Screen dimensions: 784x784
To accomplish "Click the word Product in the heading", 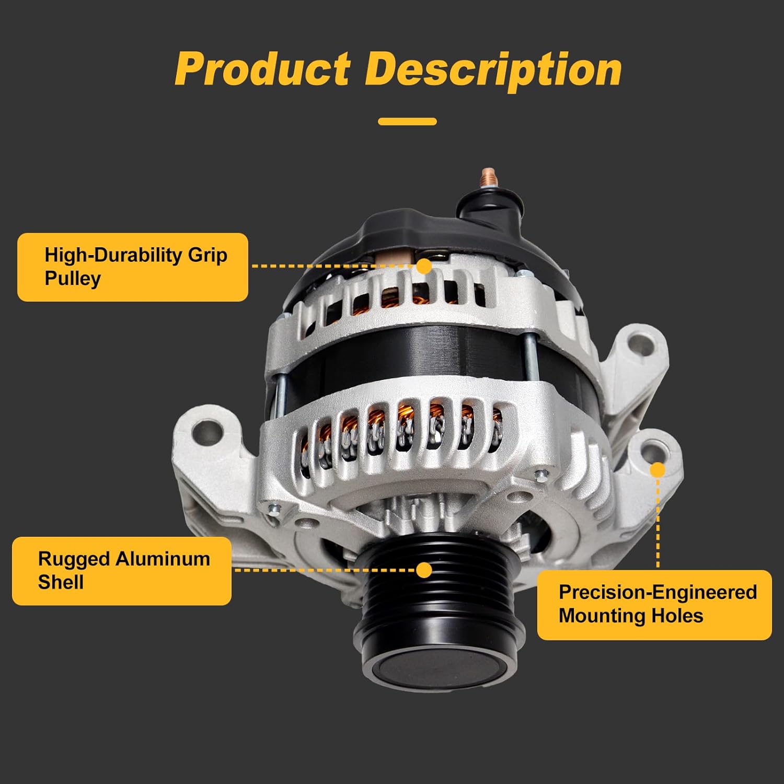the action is click(262, 70).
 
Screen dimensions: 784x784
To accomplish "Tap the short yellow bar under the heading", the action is click(407, 122).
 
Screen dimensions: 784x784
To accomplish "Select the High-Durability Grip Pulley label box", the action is click(133, 267).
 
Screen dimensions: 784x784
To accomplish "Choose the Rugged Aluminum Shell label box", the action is click(122, 571).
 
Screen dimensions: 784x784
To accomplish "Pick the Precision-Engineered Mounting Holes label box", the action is click(654, 605).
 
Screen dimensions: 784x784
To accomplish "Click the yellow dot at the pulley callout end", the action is click(425, 570).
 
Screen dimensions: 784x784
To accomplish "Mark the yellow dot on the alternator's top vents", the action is click(425, 266).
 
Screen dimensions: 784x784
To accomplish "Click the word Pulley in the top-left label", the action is click(73, 279).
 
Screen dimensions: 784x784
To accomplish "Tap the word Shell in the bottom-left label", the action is click(61, 582).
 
